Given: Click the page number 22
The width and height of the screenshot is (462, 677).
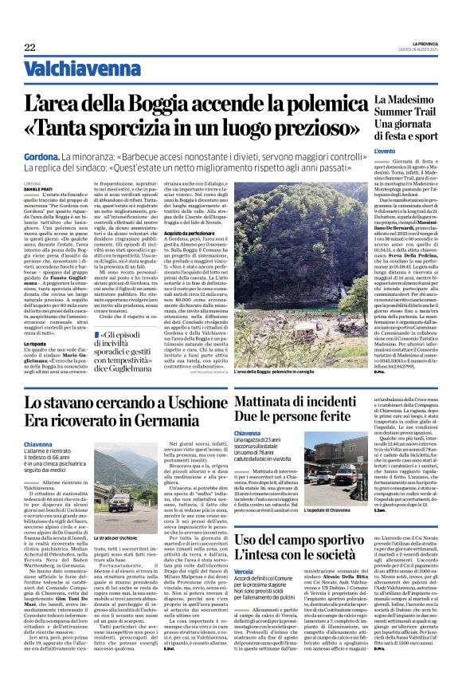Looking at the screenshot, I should tap(29, 47).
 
